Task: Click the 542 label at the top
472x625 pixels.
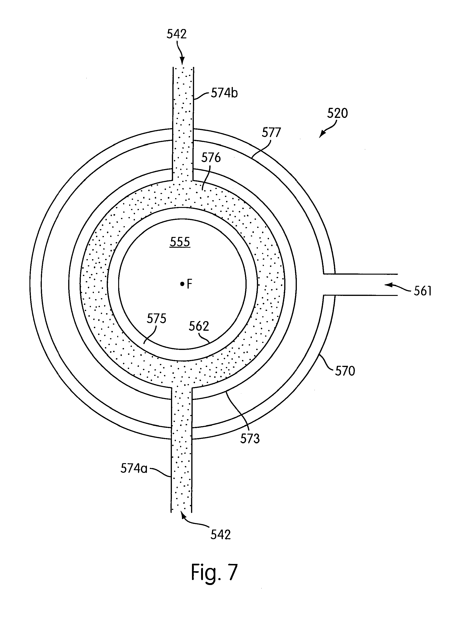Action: (177, 34)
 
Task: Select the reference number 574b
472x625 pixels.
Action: (224, 93)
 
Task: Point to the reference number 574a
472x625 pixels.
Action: (134, 468)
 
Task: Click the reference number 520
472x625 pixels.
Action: (337, 113)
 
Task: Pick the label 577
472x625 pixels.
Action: (271, 133)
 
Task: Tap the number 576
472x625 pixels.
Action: (211, 158)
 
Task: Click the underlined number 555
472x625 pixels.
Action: (180, 242)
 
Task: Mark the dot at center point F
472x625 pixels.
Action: (182, 283)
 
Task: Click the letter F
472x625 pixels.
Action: (189, 284)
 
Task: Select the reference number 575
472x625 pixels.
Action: (156, 319)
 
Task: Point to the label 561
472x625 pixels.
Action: (423, 291)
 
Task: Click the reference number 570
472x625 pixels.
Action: (345, 371)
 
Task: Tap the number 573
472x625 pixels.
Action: (250, 439)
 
